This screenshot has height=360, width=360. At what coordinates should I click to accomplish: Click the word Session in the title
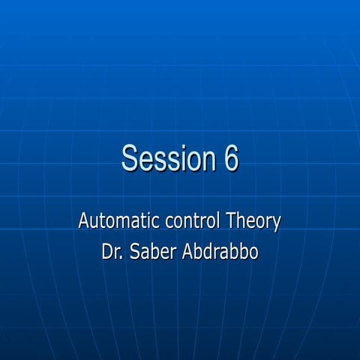tap(165, 158)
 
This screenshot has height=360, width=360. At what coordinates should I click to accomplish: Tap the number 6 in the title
tap(229, 158)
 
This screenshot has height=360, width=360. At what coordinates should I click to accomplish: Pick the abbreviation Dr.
tap(112, 252)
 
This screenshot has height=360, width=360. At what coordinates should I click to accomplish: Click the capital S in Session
tap(131, 158)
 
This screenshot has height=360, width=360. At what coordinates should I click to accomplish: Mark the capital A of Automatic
tap(84, 222)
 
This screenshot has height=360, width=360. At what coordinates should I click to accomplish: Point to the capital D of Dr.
tap(107, 252)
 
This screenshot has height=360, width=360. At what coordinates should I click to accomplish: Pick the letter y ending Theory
tap(276, 225)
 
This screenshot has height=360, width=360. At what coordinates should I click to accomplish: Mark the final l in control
tap(218, 222)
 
